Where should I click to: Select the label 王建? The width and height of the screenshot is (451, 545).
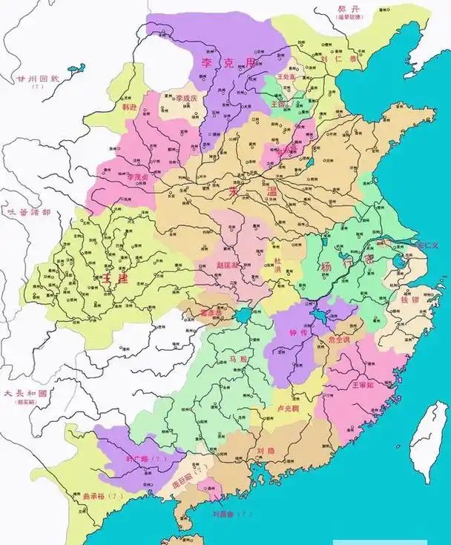[x=117, y=278]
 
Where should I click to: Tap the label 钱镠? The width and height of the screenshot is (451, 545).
[x=409, y=300]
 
